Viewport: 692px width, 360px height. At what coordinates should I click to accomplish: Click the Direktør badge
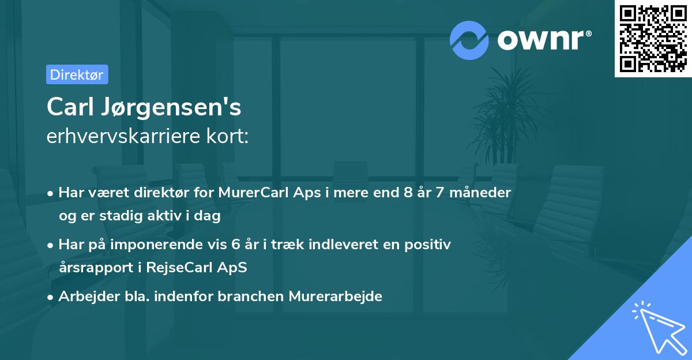coord(77,74)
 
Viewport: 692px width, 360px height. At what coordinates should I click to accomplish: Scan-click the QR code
coord(653,38)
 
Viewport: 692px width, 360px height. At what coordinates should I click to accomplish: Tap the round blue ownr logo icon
coord(469,40)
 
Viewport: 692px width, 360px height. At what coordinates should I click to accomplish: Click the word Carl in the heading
coord(70,107)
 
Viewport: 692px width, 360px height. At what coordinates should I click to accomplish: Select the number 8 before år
coord(409,193)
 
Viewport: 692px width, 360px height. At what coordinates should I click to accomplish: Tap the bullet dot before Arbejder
coord(51,297)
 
